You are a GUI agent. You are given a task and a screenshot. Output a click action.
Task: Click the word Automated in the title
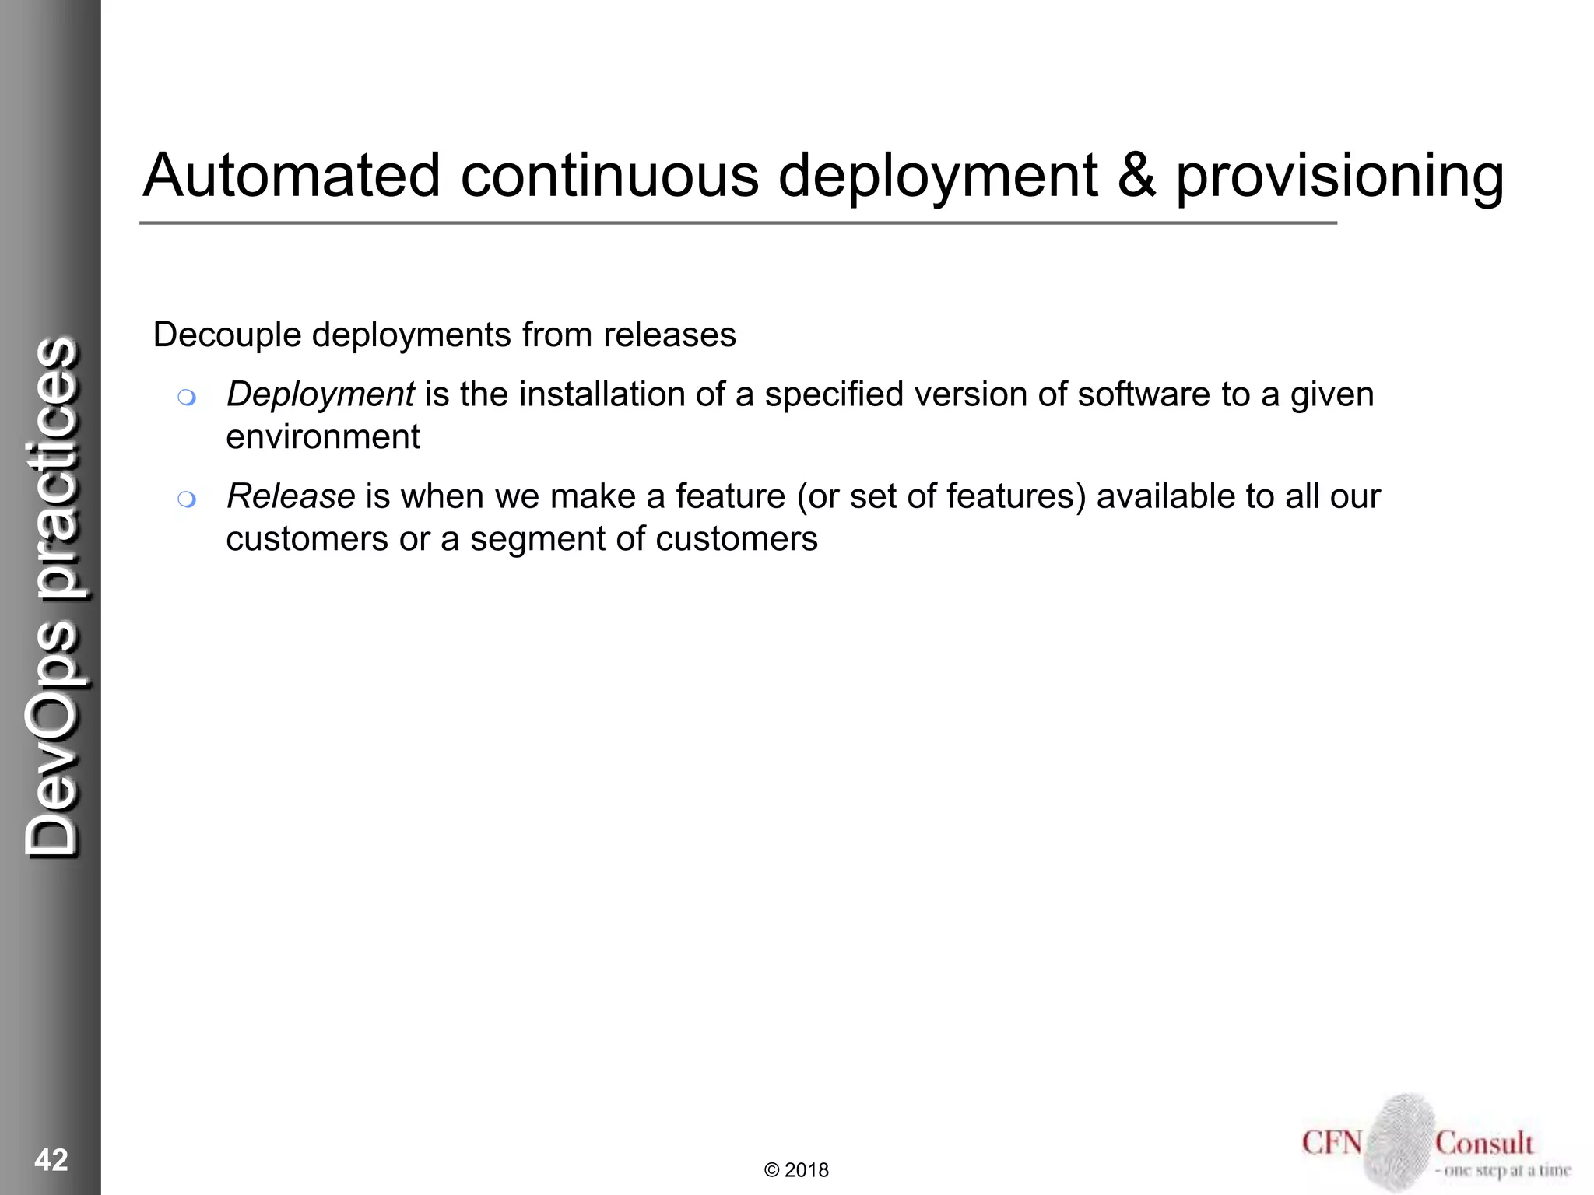291,176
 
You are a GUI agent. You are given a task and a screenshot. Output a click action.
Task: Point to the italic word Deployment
320,395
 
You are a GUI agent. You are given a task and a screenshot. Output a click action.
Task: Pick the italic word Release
290,496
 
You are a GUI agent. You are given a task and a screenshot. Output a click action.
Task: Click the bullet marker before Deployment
186,398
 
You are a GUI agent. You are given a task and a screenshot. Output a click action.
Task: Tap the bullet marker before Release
186,499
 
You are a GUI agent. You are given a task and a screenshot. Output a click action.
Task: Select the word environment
322,437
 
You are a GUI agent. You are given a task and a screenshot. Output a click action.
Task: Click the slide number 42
51,1160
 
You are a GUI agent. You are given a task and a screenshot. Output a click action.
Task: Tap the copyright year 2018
806,1170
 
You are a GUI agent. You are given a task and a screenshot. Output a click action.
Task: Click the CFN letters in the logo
1332,1143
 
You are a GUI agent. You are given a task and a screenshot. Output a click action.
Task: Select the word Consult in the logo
1483,1143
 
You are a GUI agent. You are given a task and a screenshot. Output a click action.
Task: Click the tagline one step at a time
1503,1171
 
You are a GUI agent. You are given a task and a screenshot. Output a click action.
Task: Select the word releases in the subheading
669,335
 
